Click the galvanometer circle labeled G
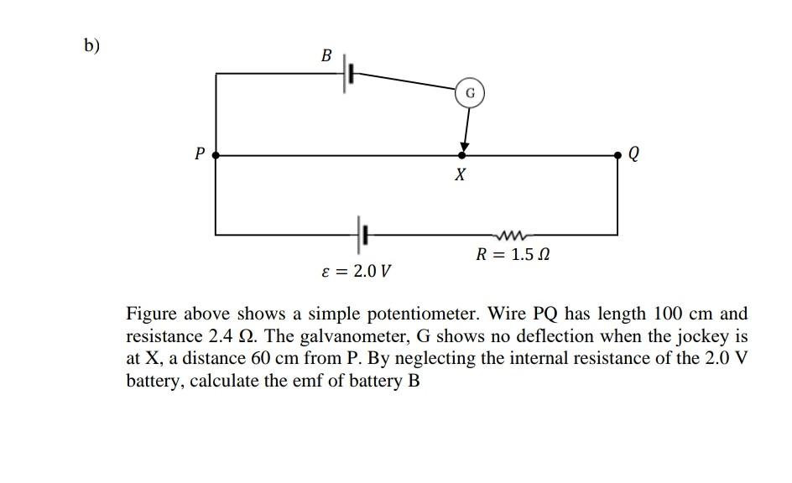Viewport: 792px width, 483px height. (470, 93)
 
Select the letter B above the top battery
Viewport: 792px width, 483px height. (326, 56)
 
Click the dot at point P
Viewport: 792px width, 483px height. (216, 155)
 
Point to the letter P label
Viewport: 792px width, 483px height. (199, 154)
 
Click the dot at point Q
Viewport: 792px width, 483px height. (618, 155)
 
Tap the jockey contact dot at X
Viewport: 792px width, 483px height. (461, 155)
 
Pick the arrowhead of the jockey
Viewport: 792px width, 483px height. (464, 147)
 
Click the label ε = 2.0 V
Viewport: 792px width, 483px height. (357, 272)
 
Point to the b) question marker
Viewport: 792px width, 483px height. (91, 46)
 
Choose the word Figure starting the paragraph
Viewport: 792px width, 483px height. (150, 315)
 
